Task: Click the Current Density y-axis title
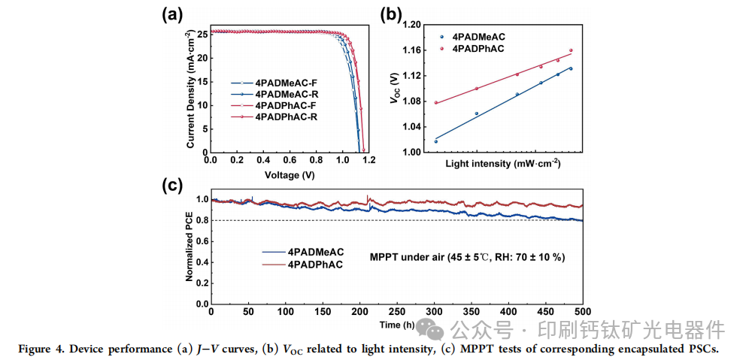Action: [191, 90]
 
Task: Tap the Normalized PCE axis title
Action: [190, 247]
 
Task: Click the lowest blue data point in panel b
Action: [436, 141]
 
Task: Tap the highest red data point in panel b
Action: [571, 50]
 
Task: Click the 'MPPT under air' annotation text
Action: [467, 257]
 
